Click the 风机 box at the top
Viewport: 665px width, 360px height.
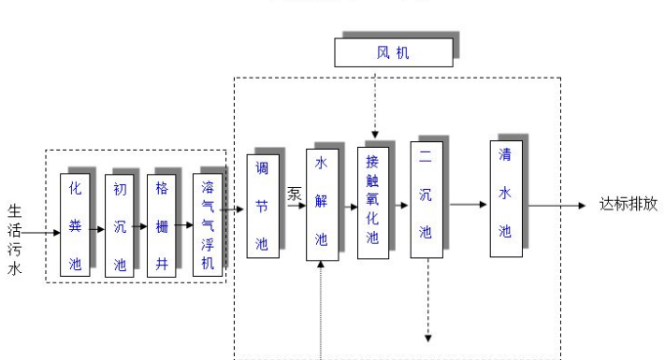[x=394, y=53]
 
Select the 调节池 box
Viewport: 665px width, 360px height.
[x=263, y=206]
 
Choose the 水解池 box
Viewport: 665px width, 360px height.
[x=321, y=204]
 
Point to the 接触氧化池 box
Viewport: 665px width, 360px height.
[x=372, y=202]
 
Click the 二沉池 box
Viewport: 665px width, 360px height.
[x=426, y=202]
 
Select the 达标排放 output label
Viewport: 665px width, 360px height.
[x=629, y=205]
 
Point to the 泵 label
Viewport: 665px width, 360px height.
[x=295, y=194]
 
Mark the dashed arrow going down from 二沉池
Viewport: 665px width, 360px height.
[x=427, y=299]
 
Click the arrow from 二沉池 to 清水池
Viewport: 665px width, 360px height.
[x=466, y=204]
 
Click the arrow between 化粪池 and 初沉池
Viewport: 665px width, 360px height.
[x=98, y=227]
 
